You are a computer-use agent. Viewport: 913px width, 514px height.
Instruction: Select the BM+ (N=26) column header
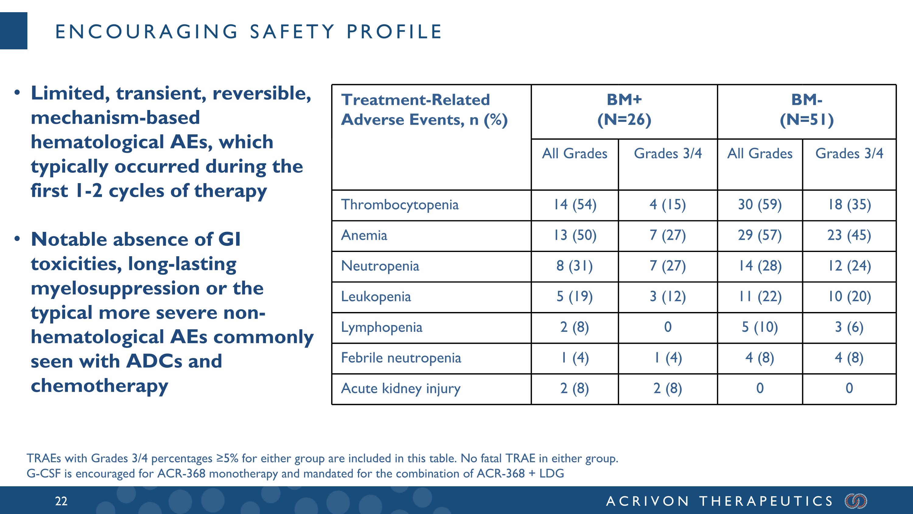[x=624, y=110]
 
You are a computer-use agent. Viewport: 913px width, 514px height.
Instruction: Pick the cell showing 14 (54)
[x=575, y=205]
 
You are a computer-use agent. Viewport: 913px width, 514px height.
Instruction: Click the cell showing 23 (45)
[x=849, y=235]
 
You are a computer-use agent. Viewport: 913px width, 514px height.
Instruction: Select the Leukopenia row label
[x=376, y=296]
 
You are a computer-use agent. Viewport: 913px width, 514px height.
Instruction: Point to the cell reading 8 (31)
[x=575, y=266]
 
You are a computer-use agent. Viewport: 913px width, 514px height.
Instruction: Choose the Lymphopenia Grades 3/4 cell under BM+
[x=668, y=327]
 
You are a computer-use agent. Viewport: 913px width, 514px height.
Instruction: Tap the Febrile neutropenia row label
[x=401, y=358]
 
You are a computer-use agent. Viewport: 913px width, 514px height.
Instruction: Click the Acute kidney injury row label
[x=401, y=388]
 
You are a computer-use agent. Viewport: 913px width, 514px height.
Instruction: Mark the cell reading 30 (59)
[x=760, y=205]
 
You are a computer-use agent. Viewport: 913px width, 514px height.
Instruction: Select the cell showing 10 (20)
[x=849, y=296]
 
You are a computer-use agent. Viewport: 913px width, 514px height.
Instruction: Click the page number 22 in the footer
[x=61, y=501]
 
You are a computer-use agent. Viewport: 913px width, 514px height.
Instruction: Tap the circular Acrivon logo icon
[x=856, y=501]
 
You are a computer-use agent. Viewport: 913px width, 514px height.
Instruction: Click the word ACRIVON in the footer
[x=647, y=501]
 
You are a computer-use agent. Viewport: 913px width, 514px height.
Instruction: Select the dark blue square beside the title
[x=13, y=30]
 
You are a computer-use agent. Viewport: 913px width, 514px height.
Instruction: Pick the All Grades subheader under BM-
[x=760, y=154]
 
